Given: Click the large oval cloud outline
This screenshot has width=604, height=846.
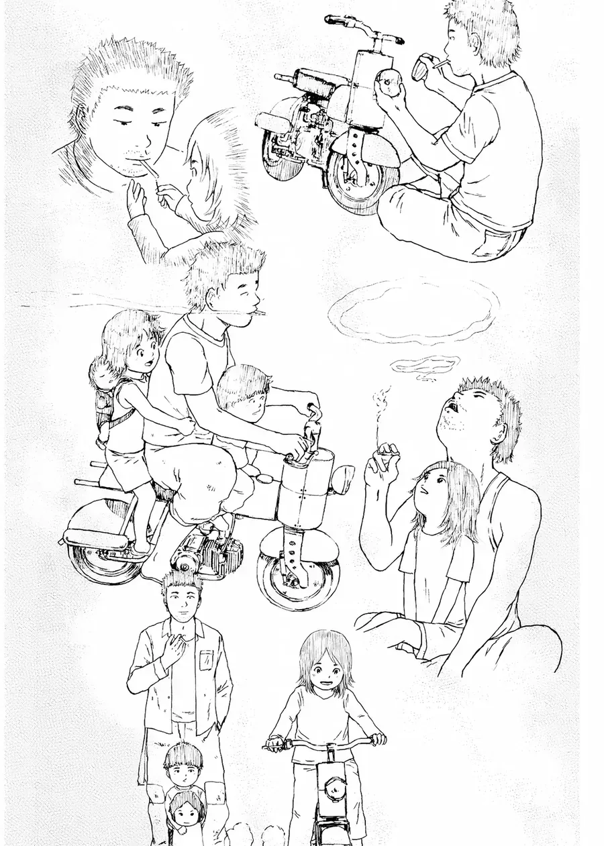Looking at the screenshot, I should pyautogui.click(x=413, y=310).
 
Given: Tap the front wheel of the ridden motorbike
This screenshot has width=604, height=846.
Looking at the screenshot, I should pyautogui.click(x=298, y=576).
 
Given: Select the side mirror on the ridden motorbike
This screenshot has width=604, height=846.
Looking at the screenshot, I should pyautogui.click(x=343, y=479).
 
